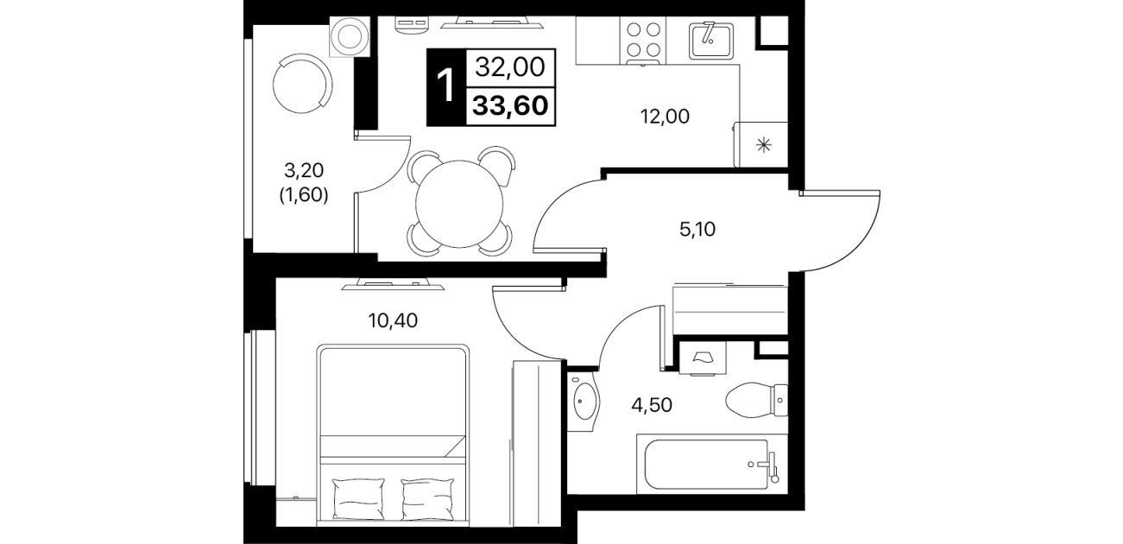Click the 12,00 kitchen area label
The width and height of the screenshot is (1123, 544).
tap(665, 117)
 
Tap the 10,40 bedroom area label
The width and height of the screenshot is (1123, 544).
tap(393, 320)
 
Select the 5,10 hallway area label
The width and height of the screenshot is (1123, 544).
tap(697, 230)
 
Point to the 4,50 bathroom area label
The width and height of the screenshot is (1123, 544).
tap(651, 405)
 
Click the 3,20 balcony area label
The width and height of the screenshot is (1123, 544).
tap(304, 171)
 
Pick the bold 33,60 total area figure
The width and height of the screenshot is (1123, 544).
tap(510, 106)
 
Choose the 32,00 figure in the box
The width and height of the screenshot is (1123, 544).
tap(510, 66)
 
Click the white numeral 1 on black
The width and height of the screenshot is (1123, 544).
tap(445, 85)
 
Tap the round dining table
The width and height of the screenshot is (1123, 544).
tap(459, 204)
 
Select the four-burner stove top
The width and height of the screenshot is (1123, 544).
tap(643, 40)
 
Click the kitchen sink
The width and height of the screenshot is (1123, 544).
tap(711, 41)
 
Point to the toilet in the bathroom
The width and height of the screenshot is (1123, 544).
tap(756, 400)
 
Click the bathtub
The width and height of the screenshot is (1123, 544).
tap(712, 464)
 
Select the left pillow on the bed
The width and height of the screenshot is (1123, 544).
tap(358, 498)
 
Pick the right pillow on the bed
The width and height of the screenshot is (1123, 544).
tap(427, 498)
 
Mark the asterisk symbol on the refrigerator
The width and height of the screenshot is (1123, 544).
tap(764, 145)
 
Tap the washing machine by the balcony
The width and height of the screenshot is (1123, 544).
tap(350, 36)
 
